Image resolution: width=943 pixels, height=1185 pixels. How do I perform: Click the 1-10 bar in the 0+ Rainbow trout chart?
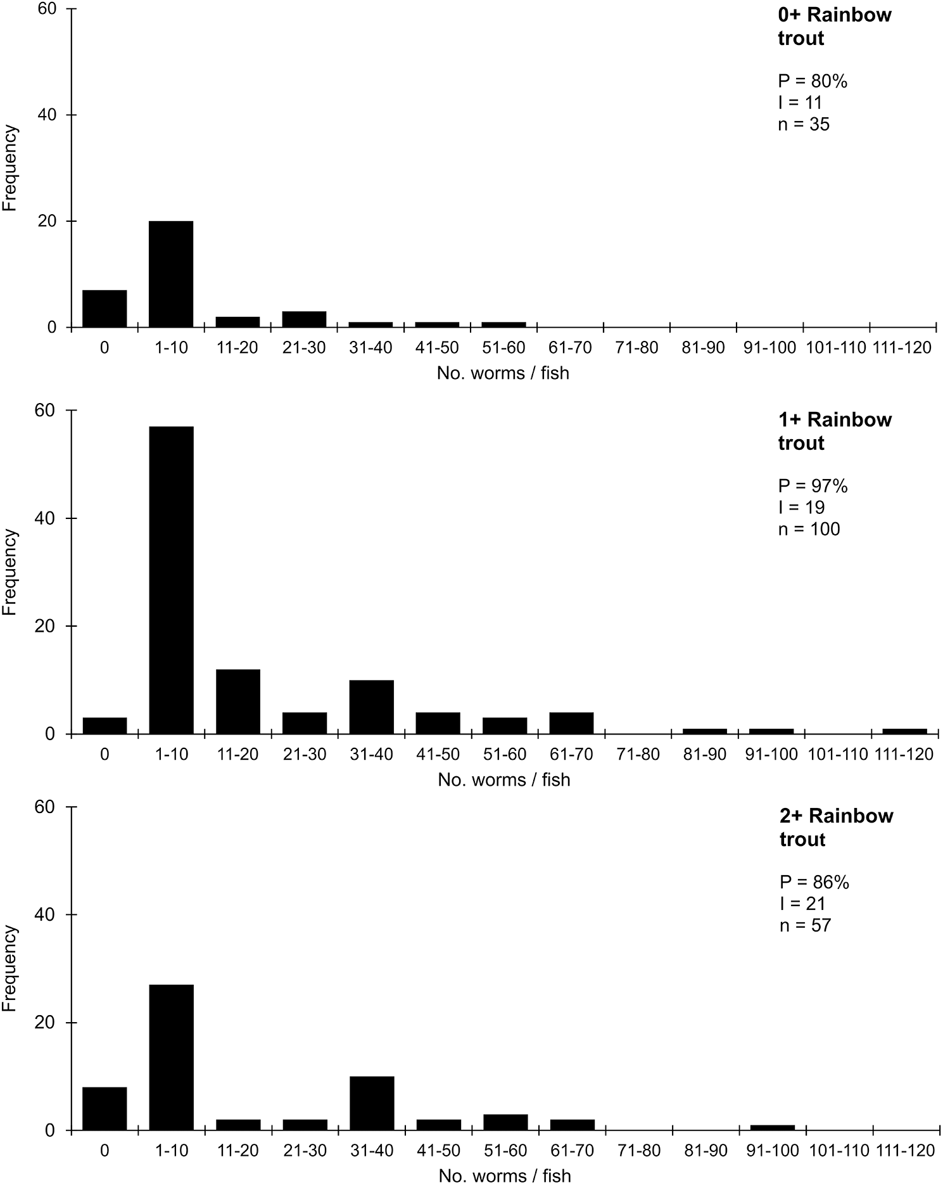click(171, 274)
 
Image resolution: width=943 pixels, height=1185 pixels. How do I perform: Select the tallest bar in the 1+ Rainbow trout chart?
click(171, 580)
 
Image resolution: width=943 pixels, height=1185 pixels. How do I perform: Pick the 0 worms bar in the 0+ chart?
click(104, 309)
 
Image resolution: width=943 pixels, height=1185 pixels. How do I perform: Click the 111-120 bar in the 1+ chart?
click(904, 731)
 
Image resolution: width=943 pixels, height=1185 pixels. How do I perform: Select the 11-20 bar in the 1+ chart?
click(237, 701)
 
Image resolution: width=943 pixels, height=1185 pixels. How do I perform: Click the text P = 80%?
click(813, 81)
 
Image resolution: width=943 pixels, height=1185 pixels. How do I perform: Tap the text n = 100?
click(809, 528)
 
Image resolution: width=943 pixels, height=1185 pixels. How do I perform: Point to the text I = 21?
click(802, 904)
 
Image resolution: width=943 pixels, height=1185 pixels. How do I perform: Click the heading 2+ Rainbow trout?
click(836, 827)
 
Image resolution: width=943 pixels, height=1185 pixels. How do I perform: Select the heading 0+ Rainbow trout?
click(834, 26)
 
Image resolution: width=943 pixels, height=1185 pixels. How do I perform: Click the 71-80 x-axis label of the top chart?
click(637, 348)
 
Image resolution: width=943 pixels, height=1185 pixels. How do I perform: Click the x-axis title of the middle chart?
click(504, 779)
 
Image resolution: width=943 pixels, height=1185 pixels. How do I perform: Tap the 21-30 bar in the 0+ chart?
click(304, 319)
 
